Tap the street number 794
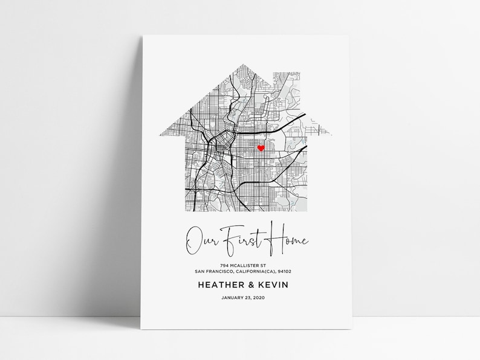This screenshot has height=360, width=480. click(224, 266)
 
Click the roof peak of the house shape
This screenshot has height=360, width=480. click(245, 63)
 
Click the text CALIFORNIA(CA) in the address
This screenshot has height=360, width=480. click(251, 272)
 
